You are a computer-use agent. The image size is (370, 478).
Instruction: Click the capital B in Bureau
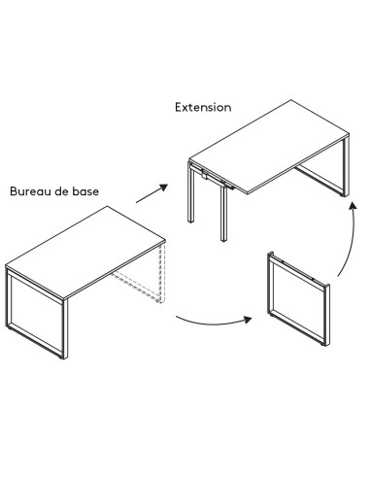click(x=14, y=190)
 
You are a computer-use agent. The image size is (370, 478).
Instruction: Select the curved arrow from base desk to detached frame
click(x=208, y=322)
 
